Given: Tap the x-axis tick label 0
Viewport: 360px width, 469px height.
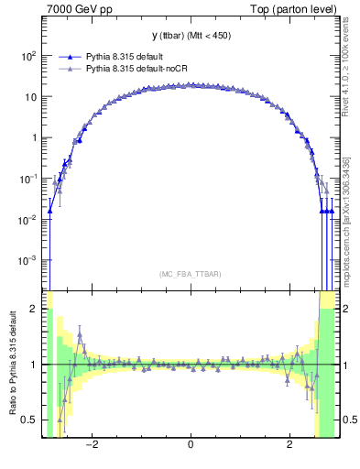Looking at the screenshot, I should (x=190, y=445).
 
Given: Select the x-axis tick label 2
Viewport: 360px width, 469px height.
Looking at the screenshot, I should (x=289, y=445).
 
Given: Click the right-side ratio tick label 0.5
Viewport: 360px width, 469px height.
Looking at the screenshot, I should (x=348, y=420).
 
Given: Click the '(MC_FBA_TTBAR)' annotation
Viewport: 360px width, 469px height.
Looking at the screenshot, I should (x=190, y=274).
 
